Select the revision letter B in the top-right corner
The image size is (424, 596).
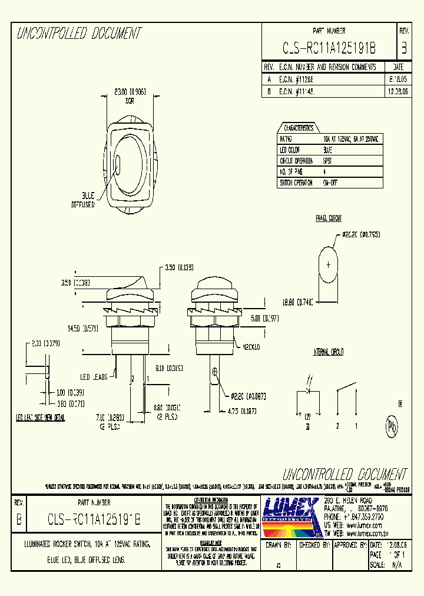tap(403, 48)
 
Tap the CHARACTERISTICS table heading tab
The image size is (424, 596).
tap(299, 128)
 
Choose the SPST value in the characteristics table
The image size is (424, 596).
tap(328, 161)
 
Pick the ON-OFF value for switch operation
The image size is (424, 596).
tap(330, 183)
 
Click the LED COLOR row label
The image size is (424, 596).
tap(291, 150)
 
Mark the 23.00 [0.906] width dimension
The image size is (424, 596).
tap(130, 92)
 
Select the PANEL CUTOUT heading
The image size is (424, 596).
tap(329, 218)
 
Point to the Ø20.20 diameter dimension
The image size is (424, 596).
tap(360, 234)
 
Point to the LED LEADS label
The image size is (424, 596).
tap(94, 377)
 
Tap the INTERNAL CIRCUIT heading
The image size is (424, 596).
tap(329, 352)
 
